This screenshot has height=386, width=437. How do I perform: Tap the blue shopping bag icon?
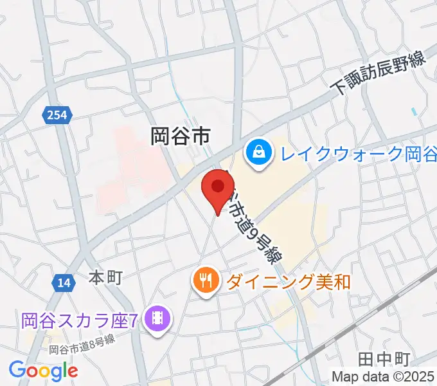click(258, 154)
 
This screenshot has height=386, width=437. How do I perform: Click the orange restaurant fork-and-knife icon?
click(205, 281)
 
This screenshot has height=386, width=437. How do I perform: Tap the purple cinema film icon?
click(157, 318)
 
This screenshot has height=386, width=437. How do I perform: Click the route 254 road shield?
click(58, 115)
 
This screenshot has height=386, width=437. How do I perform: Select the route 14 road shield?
click(62, 282)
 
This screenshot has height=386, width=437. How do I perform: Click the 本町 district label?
click(105, 278)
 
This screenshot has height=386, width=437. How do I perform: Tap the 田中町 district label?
click(383, 358)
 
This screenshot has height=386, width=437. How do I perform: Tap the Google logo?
click(43, 370)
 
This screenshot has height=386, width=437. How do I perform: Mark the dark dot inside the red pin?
click(217, 185)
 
